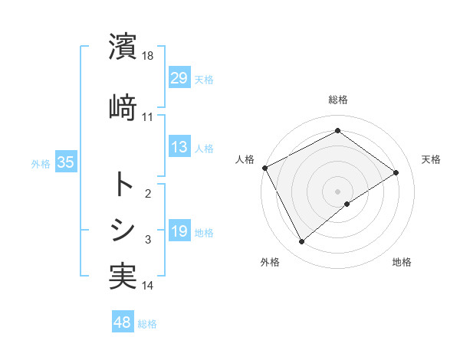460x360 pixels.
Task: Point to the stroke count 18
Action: [x=148, y=56]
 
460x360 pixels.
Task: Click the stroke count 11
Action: [x=148, y=117]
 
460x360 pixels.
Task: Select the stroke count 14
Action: [x=148, y=286]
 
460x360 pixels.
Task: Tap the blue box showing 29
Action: [x=179, y=77]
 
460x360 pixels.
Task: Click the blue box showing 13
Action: [x=179, y=147]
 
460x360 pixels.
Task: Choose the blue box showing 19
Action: [x=179, y=231]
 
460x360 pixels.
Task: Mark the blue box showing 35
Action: [x=65, y=162]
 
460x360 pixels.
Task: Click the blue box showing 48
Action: [x=123, y=322]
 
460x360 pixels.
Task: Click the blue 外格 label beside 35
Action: [x=41, y=163]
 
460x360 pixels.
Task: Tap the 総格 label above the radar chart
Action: [x=337, y=100]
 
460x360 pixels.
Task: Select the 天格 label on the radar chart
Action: [x=431, y=159]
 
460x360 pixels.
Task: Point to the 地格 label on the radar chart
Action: [x=402, y=262]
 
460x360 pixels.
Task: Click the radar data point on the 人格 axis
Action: [x=264, y=168]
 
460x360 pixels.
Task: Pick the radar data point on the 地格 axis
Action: [x=347, y=204]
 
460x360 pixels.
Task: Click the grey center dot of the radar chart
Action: [x=337, y=190]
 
